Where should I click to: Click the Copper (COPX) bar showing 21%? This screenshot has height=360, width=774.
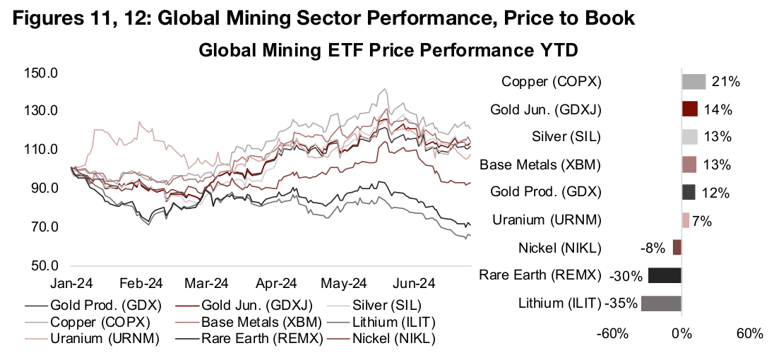pyautogui.click(x=693, y=82)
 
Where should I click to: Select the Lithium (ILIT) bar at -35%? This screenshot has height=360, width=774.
pyautogui.click(x=651, y=304)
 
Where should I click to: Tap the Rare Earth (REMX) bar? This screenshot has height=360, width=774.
pyautogui.click(x=665, y=275)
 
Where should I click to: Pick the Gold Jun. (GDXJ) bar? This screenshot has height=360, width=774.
pyautogui.click(x=690, y=109)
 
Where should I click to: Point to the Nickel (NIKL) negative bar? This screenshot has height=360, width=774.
pyautogui.click(x=677, y=248)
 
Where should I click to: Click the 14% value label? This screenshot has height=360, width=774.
pyautogui.click(x=717, y=109)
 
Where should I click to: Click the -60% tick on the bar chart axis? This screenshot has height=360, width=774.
pyautogui.click(x=612, y=332)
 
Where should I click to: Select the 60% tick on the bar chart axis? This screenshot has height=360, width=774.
pyautogui.click(x=749, y=332)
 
